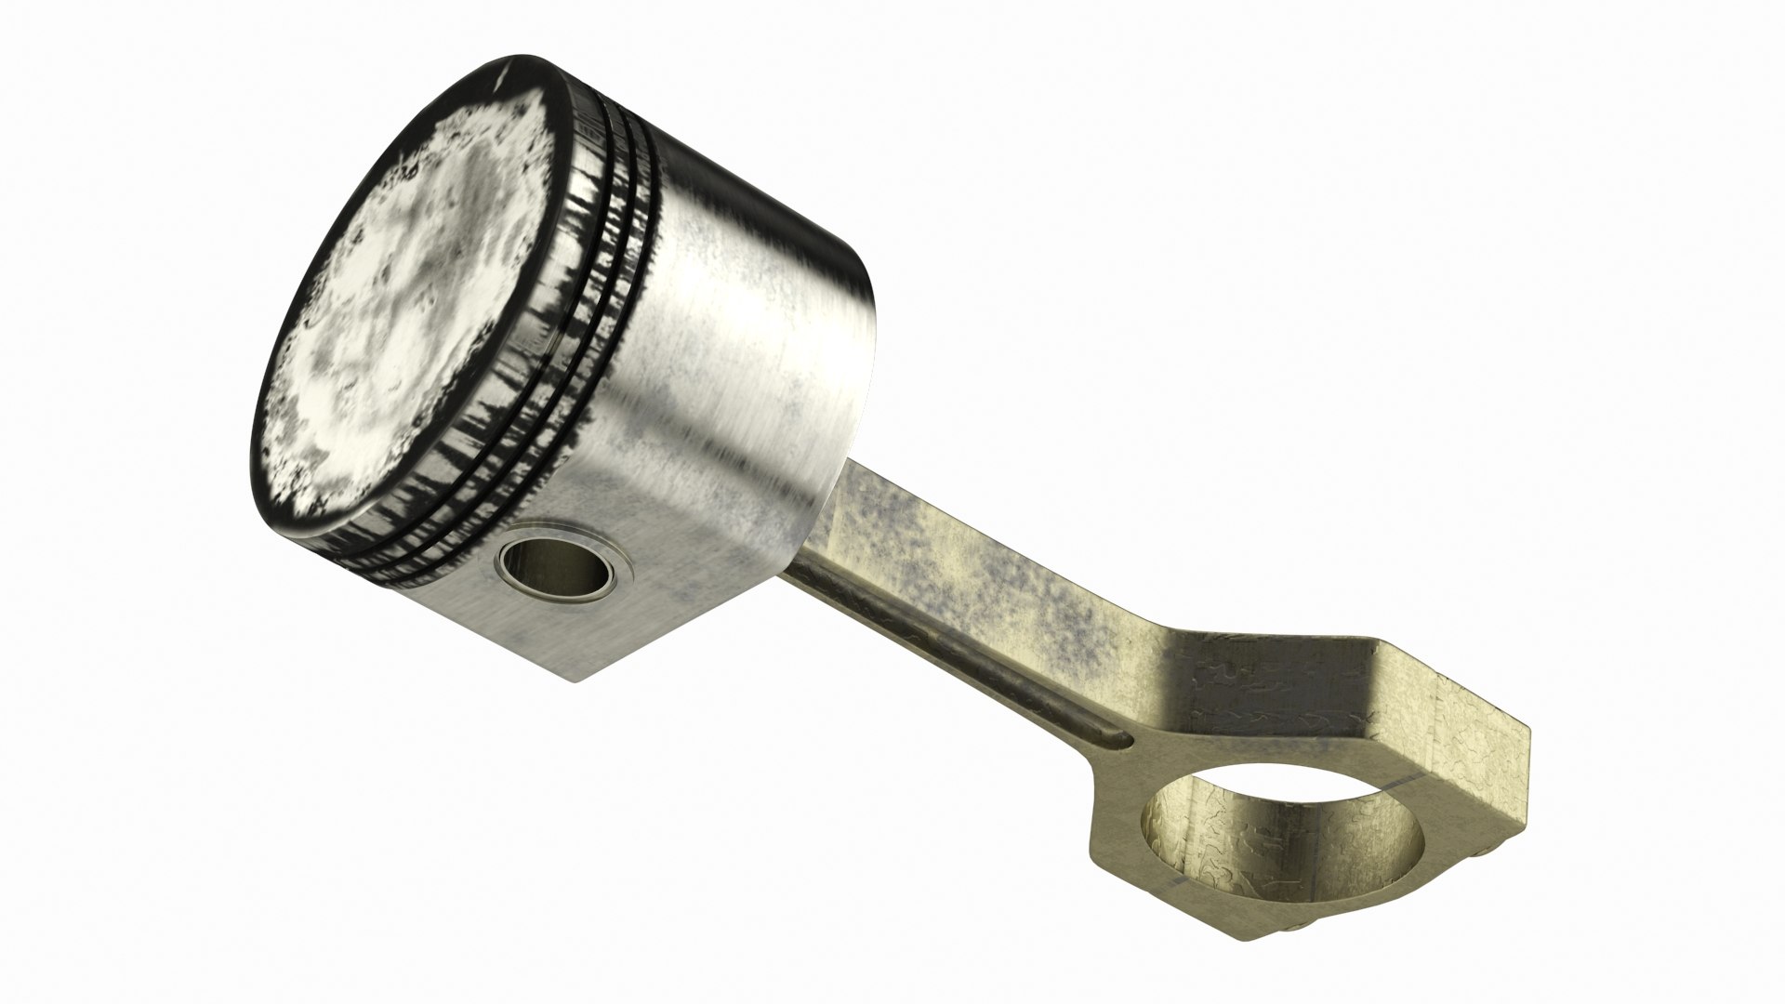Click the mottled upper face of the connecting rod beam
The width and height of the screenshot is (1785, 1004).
pyautogui.click(x=976, y=576)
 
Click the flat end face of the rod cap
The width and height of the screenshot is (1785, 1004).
pyautogui.click(x=1478, y=753)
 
